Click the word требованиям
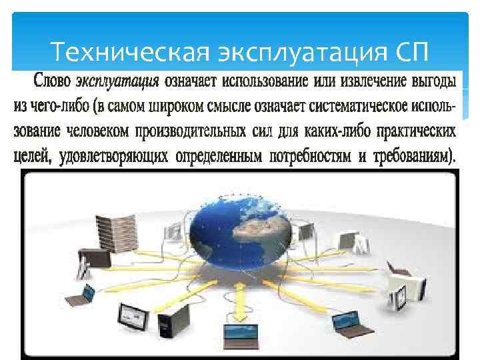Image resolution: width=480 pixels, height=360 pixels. pos(410,155)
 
